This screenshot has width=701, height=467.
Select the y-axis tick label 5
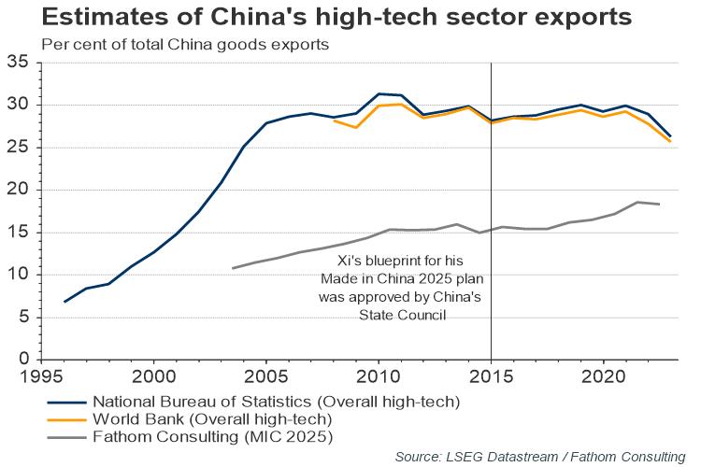[24, 318]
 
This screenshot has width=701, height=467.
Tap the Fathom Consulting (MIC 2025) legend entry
[213, 435]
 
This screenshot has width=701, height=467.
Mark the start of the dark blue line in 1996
[64, 302]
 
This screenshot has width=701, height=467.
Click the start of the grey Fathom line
[233, 268]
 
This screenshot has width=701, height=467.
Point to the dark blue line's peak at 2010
[379, 93]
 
